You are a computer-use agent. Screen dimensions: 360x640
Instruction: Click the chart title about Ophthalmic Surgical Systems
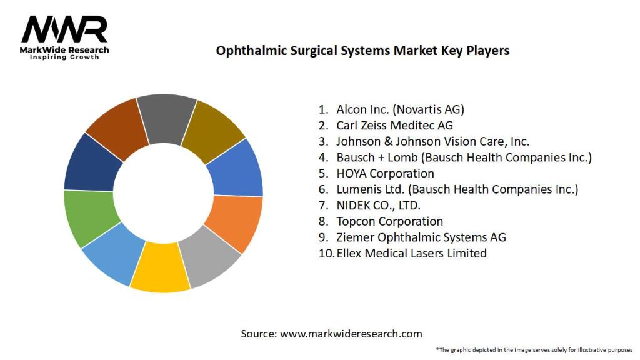[362, 51]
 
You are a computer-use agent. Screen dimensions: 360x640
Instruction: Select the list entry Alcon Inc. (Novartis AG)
[400, 109]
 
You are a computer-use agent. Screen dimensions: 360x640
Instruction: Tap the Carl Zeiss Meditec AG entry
[394, 125]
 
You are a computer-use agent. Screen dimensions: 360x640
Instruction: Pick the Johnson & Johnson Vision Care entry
[432, 141]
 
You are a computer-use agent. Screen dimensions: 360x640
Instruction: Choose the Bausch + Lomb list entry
[463, 157]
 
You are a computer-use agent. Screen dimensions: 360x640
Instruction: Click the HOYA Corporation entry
[385, 173]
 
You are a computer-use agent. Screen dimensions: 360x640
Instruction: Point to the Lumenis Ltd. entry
[457, 189]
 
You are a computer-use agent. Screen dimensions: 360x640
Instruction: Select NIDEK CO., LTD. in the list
[378, 205]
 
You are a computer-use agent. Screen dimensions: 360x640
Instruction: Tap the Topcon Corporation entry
[389, 221]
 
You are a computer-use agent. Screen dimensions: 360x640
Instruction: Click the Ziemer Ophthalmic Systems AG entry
[421, 237]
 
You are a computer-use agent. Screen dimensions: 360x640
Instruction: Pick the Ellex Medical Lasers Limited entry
[411, 253]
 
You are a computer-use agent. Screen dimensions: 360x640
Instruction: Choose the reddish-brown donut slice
[116, 128]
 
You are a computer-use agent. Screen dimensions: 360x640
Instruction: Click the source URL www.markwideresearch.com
[351, 334]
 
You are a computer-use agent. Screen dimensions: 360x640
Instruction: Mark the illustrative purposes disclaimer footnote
[534, 349]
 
